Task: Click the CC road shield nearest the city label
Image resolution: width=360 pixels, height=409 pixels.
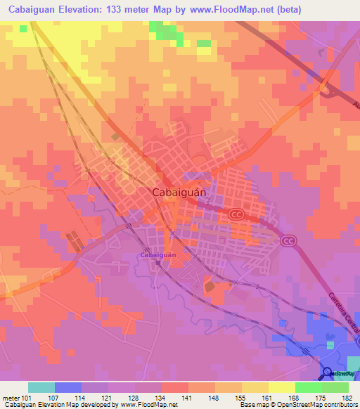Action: point(237,214)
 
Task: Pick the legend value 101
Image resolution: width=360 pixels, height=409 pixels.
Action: point(28,397)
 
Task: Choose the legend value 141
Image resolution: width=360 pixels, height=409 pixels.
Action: point(188,397)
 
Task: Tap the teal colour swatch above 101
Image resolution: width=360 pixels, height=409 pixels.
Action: point(41,387)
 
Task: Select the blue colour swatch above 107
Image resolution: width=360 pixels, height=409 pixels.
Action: point(68,387)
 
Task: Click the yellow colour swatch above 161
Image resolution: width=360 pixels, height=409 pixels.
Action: point(255,387)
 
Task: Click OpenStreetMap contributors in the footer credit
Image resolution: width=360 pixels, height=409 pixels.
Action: point(314,405)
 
